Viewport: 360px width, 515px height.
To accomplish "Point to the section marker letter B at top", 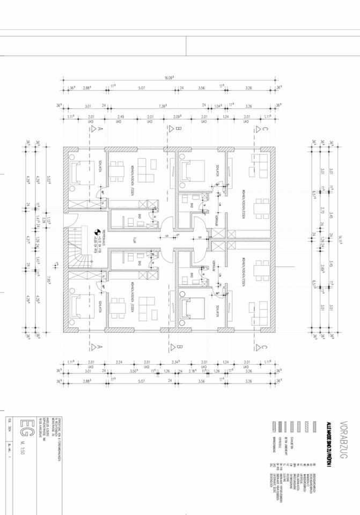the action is [180, 129].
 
